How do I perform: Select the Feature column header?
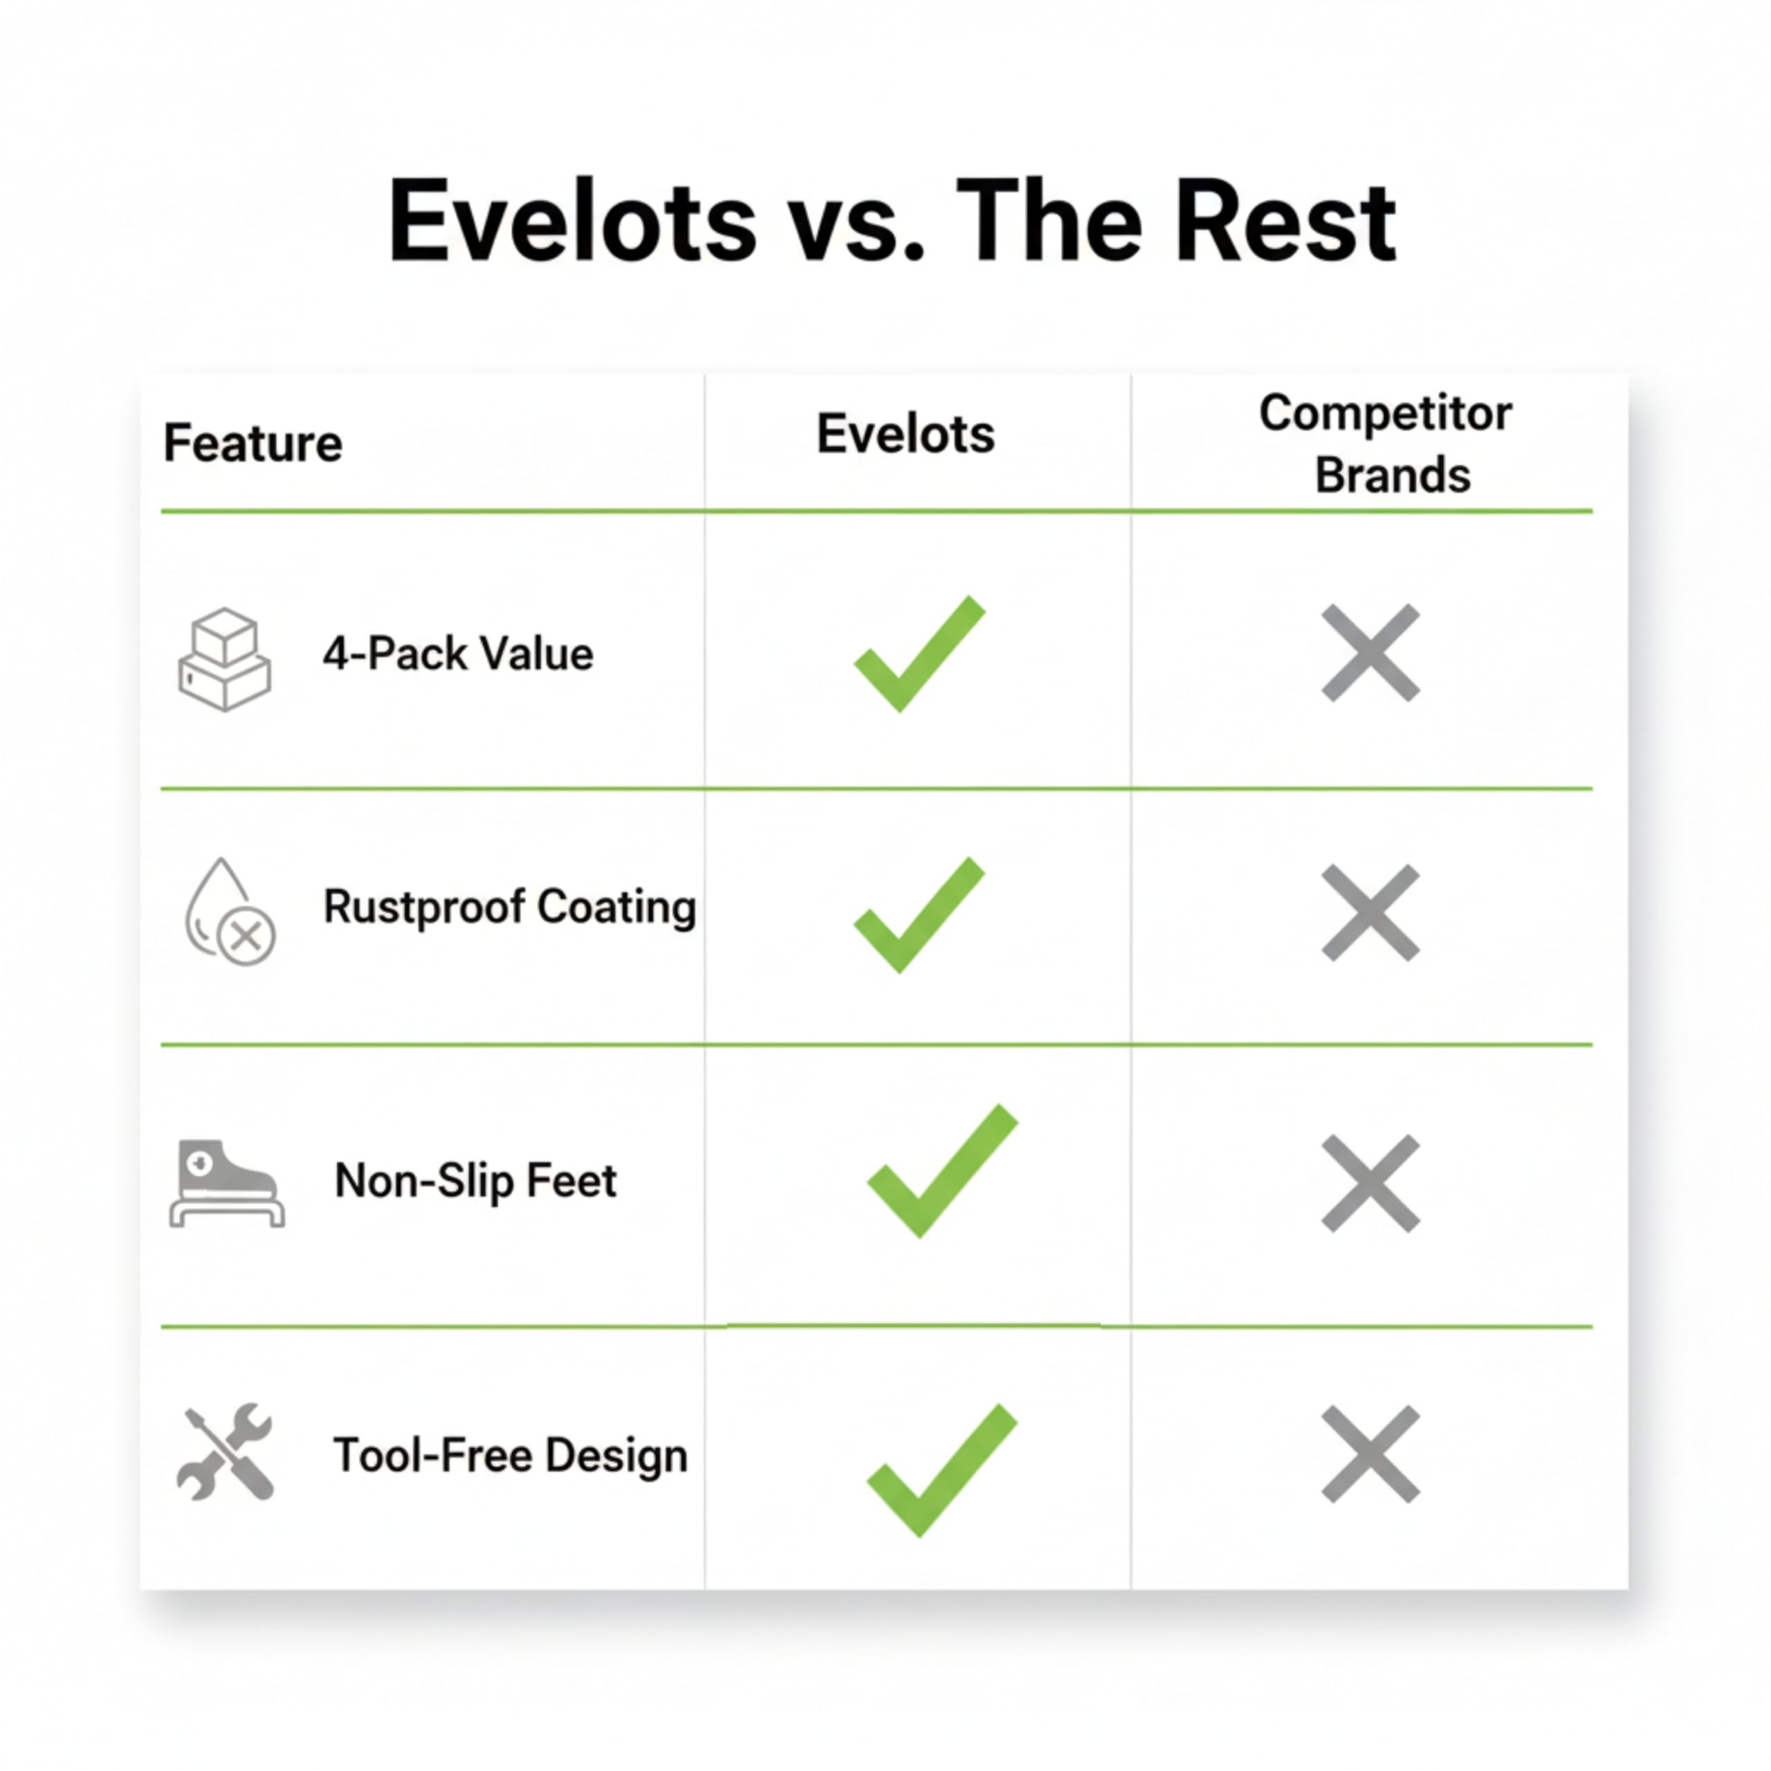[x=252, y=443]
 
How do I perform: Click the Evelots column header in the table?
[x=906, y=434]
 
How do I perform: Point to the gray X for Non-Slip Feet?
[x=1370, y=1184]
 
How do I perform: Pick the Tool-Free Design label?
[x=511, y=1456]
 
